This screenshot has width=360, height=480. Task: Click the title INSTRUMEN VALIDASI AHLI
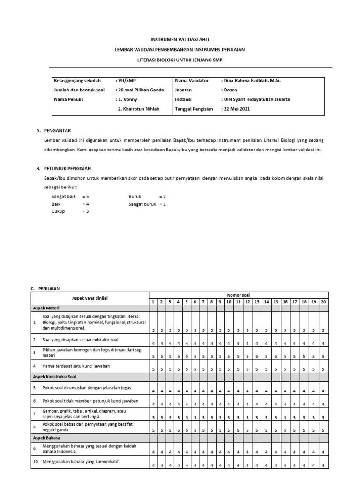click(x=180, y=40)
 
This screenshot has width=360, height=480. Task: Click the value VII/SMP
click(x=125, y=81)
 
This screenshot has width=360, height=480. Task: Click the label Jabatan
click(x=183, y=90)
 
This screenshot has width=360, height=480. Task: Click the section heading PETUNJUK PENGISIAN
click(x=67, y=168)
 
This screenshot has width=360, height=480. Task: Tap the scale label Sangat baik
click(x=63, y=197)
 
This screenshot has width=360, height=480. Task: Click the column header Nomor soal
click(x=239, y=295)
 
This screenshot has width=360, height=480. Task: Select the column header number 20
click(x=323, y=302)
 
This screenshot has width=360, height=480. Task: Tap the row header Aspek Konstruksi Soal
click(x=54, y=376)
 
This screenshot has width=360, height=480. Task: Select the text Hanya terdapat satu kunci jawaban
click(x=76, y=366)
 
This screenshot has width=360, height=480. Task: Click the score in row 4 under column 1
click(x=153, y=369)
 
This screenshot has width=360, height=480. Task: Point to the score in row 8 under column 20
click(x=323, y=429)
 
